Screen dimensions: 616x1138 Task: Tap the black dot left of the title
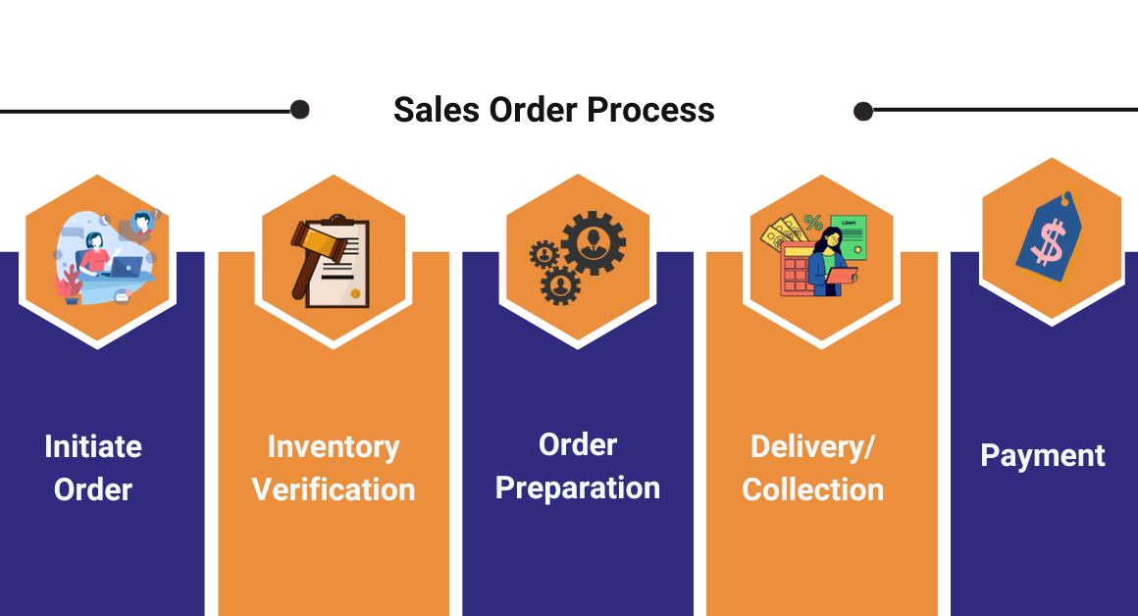pyautogui.click(x=300, y=110)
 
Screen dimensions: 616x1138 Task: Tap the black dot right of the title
pyautogui.click(x=863, y=111)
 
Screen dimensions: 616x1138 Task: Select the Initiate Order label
pyautogui.click(x=93, y=468)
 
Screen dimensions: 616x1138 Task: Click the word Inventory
pyautogui.click(x=334, y=447)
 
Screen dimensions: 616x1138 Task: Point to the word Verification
pyautogui.click(x=334, y=489)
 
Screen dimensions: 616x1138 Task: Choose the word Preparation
pyautogui.click(x=577, y=488)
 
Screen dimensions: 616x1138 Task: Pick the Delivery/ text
pyautogui.click(x=812, y=447)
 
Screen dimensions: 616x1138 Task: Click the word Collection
pyautogui.click(x=812, y=489)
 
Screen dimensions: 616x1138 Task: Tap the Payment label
pyautogui.click(x=1043, y=456)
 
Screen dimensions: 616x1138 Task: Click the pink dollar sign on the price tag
pyautogui.click(x=1048, y=243)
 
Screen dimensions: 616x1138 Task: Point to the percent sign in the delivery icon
pyautogui.click(x=813, y=223)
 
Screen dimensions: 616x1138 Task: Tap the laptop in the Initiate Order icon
pyautogui.click(x=125, y=267)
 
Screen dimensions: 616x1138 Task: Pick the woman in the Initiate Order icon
pyautogui.click(x=96, y=255)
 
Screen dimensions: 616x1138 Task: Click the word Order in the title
pyautogui.click(x=535, y=109)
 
